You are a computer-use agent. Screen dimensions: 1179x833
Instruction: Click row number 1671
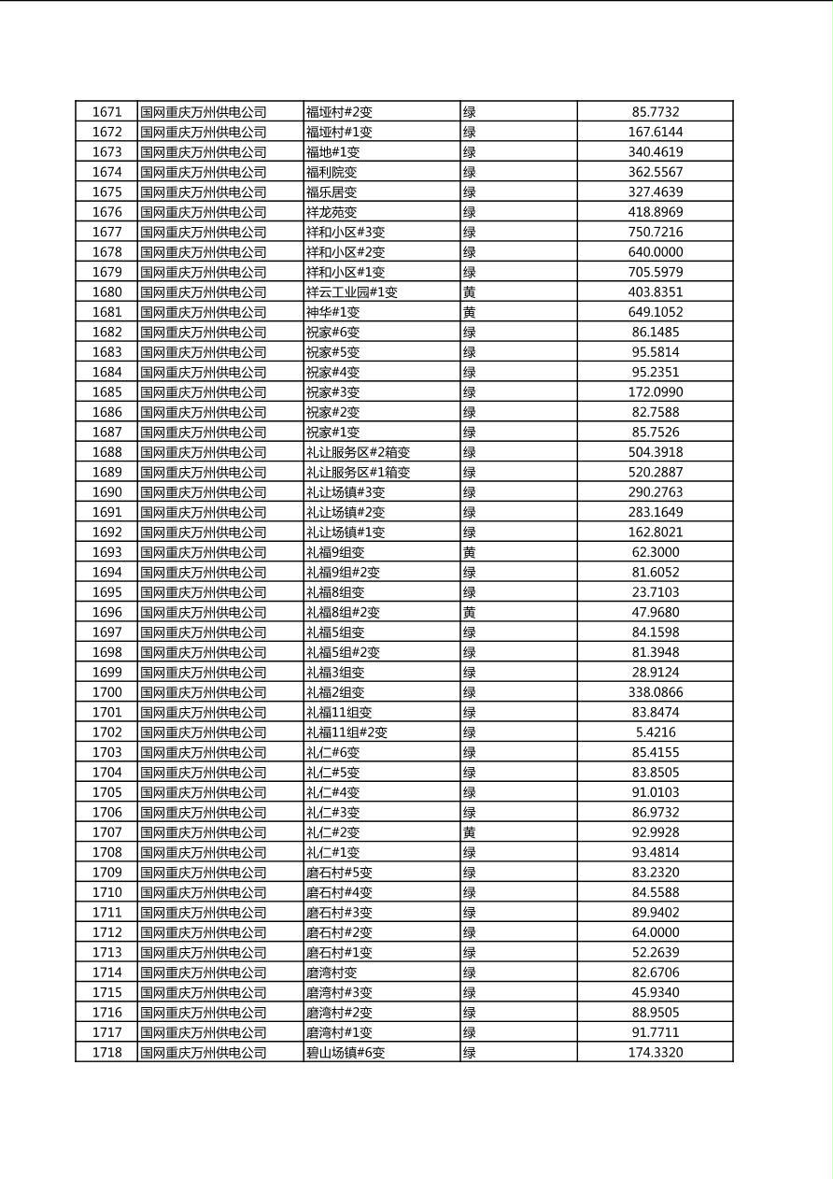click(106, 112)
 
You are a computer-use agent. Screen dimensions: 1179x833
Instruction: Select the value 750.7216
click(655, 232)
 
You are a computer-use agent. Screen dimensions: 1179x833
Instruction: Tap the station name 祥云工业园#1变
click(351, 292)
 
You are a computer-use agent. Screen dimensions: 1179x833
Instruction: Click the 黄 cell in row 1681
click(470, 312)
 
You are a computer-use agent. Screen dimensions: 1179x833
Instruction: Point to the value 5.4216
click(655, 732)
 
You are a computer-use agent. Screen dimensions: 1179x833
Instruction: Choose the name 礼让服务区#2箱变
click(358, 452)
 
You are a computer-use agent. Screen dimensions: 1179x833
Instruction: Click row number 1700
click(106, 692)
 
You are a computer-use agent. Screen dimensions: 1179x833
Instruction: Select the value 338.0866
click(655, 692)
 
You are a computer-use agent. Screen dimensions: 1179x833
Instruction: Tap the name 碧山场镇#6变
click(345, 1053)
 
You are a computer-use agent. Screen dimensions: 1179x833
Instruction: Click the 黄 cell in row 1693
click(470, 552)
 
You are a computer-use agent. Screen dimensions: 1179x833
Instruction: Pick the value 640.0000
click(655, 252)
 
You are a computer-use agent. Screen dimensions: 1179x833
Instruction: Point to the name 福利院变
click(332, 172)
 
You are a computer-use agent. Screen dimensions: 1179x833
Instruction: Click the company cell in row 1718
click(203, 1053)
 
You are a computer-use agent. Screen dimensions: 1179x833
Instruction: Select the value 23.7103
click(655, 592)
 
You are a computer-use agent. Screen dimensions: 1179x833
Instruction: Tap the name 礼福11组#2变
click(346, 732)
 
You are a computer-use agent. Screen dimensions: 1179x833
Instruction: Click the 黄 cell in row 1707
click(470, 832)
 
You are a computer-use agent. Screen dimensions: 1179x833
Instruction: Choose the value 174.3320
click(655, 1053)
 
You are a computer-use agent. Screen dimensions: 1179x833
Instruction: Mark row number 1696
click(106, 613)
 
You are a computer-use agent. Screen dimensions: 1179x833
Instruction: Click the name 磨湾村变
click(332, 973)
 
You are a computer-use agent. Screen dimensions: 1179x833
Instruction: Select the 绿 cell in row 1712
click(470, 932)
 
